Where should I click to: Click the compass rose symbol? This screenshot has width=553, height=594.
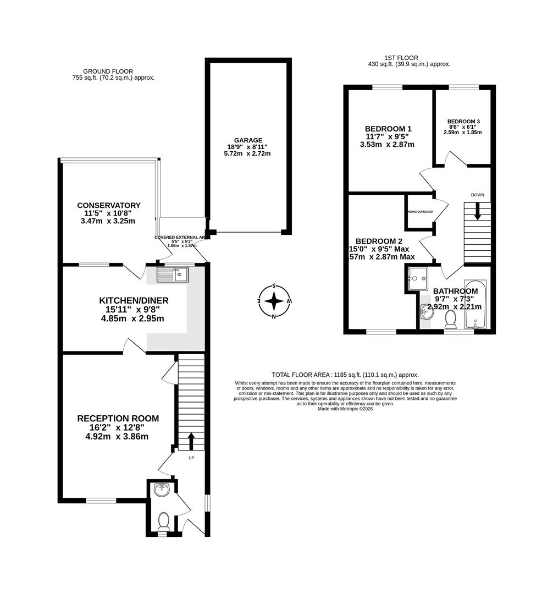coord(274,301)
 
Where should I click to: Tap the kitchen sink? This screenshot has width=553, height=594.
coord(173,274)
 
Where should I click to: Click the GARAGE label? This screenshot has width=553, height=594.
coord(247,140)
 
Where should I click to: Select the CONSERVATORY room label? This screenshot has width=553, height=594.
coord(108,206)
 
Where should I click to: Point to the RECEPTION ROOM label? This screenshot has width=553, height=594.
coord(118,419)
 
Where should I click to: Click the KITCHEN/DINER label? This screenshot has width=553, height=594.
coord(133,300)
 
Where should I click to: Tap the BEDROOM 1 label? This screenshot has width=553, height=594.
coord(386,128)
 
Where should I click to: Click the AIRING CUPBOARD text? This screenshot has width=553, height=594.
coord(419,212)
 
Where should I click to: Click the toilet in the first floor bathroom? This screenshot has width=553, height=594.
coord(451,318)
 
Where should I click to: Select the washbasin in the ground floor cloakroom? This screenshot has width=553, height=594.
coord(162,490)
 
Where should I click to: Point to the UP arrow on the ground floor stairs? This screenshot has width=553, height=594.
coord(191,440)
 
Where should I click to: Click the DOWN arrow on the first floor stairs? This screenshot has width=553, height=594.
coord(477,211)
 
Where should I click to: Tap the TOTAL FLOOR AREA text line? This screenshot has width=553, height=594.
coord(345,374)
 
